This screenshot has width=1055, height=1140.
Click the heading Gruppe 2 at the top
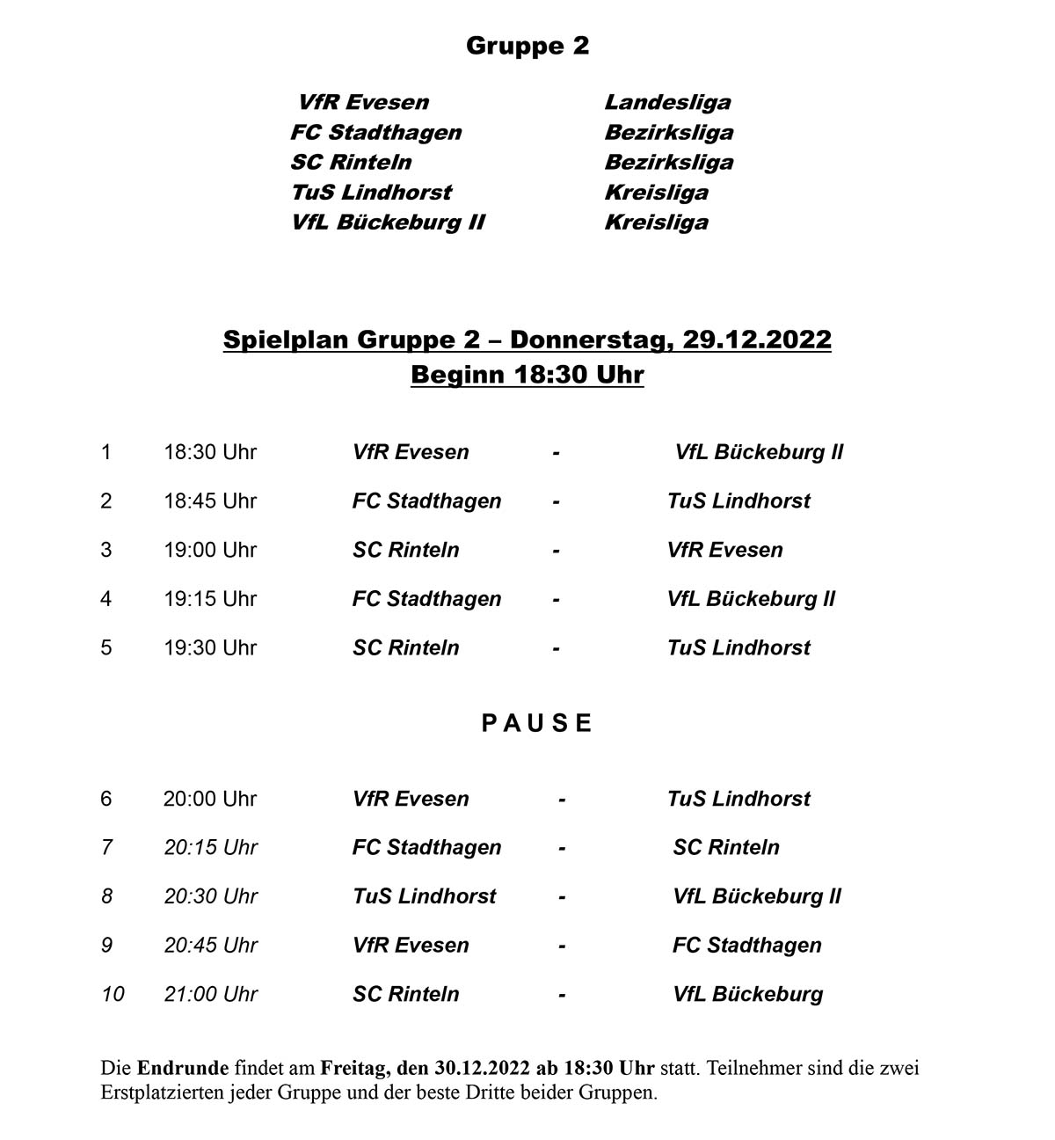(x=527, y=46)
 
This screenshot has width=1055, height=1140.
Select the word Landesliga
(x=667, y=102)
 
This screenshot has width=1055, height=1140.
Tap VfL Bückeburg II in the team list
(x=388, y=222)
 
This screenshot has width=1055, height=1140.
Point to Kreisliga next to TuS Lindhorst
(x=656, y=192)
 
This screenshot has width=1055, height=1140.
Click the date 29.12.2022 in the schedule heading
(x=756, y=340)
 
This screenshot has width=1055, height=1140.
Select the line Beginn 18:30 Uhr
(x=527, y=375)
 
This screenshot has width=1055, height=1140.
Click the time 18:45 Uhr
(x=210, y=501)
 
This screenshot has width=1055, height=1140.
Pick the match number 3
(x=106, y=550)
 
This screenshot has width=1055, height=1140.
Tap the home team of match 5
(x=405, y=648)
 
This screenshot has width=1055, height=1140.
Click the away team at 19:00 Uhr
(x=724, y=550)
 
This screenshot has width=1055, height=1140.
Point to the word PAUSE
(x=537, y=723)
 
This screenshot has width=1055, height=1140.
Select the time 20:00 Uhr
(x=210, y=799)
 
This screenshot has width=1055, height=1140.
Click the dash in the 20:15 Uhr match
(x=561, y=848)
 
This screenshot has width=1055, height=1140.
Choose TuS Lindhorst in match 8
(x=424, y=896)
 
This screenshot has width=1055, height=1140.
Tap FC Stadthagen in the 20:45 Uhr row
(x=746, y=946)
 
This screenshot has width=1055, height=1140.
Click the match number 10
(x=113, y=994)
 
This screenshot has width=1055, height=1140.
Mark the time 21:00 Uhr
(x=210, y=994)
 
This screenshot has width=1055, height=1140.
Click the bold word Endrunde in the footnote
(x=182, y=1069)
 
